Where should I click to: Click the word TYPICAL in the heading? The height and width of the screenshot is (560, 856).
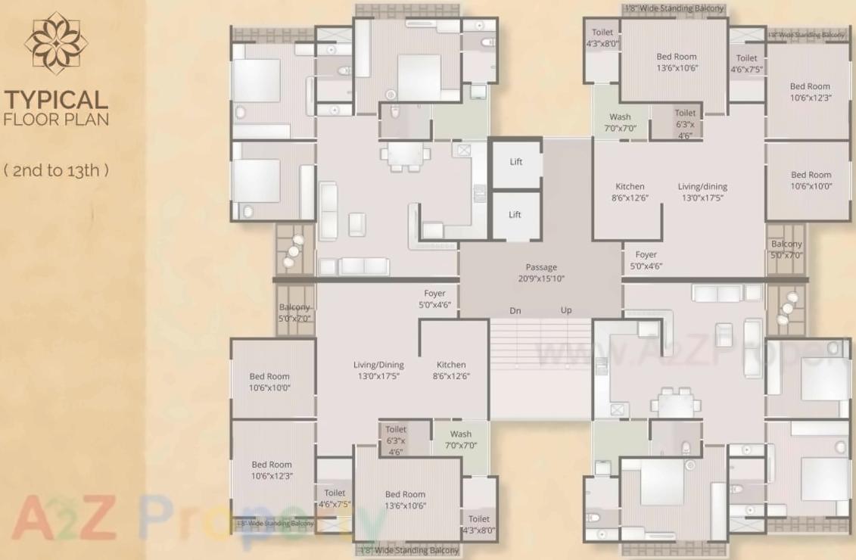[x=57, y=100]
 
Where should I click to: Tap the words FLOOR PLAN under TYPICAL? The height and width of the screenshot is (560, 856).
[x=57, y=119]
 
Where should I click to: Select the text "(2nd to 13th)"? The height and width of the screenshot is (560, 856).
[x=57, y=170]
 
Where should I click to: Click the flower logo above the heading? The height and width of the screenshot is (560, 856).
[x=56, y=43]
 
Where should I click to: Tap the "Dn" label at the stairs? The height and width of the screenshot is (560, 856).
[x=515, y=310]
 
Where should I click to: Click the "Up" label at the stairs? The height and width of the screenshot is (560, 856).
[x=566, y=310]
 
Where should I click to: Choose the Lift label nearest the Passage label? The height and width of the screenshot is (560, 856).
[x=515, y=215]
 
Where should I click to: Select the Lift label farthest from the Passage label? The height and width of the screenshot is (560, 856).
[x=515, y=162]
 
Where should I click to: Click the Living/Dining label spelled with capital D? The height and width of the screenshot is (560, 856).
[x=378, y=370]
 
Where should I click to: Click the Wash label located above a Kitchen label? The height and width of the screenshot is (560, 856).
[x=620, y=123]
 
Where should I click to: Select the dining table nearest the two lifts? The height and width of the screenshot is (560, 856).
[x=406, y=156]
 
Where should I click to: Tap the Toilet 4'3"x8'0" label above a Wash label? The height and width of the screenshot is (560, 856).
[x=602, y=38]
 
